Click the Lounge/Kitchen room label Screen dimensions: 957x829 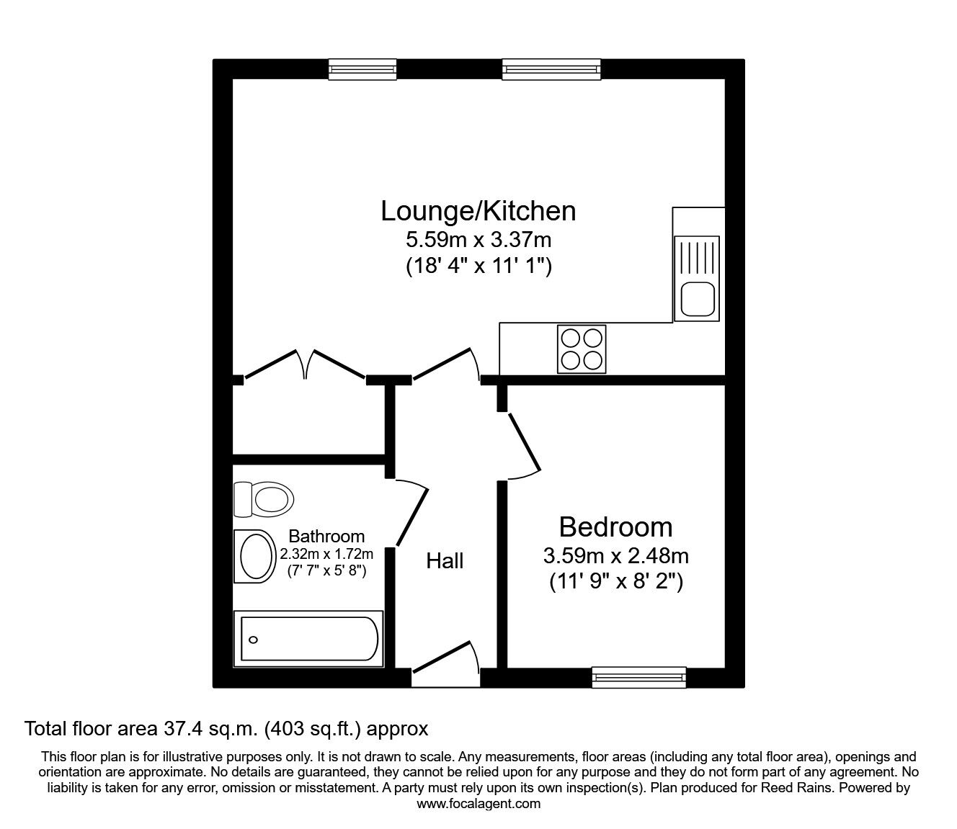(x=478, y=211)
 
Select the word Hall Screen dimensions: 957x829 (x=445, y=561)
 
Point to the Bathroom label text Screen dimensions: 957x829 (x=326, y=536)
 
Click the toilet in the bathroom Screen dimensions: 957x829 (x=264, y=499)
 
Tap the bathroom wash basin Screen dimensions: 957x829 (x=255, y=556)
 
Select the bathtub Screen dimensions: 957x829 (x=308, y=639)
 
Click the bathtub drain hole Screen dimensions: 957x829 (x=253, y=640)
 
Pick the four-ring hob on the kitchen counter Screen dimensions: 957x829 (x=582, y=349)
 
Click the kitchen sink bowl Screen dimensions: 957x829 (x=698, y=299)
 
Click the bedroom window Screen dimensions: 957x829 (x=639, y=678)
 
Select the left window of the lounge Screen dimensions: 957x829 (x=362, y=69)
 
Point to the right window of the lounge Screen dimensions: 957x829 (x=551, y=69)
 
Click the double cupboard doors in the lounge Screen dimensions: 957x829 (x=305, y=364)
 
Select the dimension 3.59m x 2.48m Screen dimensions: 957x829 (x=615, y=556)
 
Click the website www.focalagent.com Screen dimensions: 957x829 (x=478, y=804)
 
